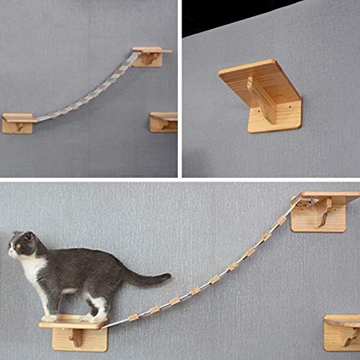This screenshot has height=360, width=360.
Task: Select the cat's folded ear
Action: [29, 235]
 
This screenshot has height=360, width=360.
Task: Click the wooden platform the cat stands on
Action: [72, 323]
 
